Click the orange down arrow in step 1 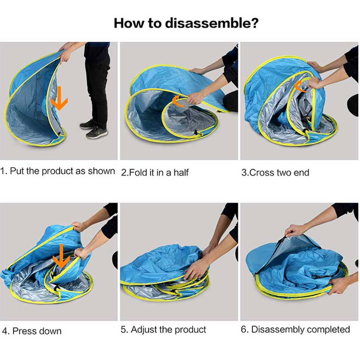tap(59, 98)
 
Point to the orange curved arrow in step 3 tap(301, 86)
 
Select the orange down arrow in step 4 tap(61, 256)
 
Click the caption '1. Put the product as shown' tap(58, 171)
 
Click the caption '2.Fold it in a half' tap(155, 172)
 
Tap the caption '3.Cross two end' tap(275, 172)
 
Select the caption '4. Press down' tap(32, 331)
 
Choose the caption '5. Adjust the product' tap(163, 329)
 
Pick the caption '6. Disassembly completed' tap(295, 329)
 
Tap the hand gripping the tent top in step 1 tap(66, 54)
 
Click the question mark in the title tap(253, 23)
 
